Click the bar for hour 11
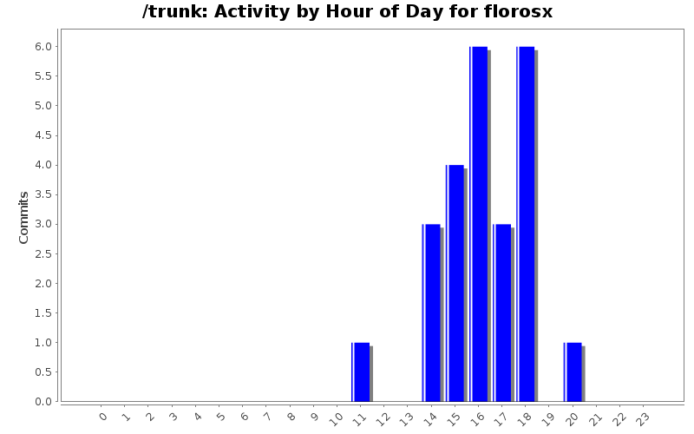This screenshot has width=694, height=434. click(x=362, y=372)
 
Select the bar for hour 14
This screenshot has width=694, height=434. click(x=432, y=312)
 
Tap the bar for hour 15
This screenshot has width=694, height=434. click(x=455, y=283)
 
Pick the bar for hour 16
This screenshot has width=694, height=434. click(x=479, y=224)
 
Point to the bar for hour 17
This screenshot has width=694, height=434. click(x=502, y=312)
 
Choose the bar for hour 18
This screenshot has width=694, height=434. click(x=526, y=224)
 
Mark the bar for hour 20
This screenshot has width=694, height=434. click(x=573, y=372)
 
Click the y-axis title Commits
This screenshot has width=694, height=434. click(x=24, y=217)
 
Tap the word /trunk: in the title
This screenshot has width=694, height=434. click(x=171, y=12)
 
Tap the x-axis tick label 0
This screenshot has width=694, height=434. click(x=103, y=417)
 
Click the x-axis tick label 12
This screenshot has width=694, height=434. click(x=383, y=418)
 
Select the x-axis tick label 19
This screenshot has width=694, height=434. click(x=547, y=418)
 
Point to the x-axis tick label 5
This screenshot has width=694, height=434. click(x=220, y=417)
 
